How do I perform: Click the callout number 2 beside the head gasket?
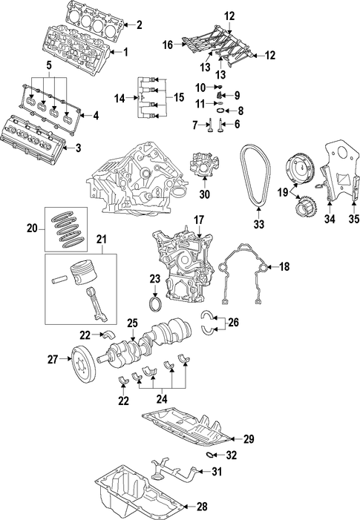coord(140,25)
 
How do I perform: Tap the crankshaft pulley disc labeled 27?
coord(84,365)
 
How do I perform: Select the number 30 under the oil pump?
coord(205,194)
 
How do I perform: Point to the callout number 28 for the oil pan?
coord(202,507)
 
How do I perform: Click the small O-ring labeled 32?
coord(210,455)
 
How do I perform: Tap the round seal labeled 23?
coord(155,305)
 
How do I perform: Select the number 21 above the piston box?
coord(102,240)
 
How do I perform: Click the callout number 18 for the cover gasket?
coord(284,266)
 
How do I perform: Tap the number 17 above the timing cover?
coord(199,220)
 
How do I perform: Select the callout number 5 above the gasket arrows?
coord(49,65)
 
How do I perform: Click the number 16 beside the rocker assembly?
coord(168,45)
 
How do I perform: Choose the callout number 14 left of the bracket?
coord(120,99)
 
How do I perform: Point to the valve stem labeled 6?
coord(220,125)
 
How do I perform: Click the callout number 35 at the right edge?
coord(354,219)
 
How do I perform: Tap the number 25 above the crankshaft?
coord(132,323)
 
